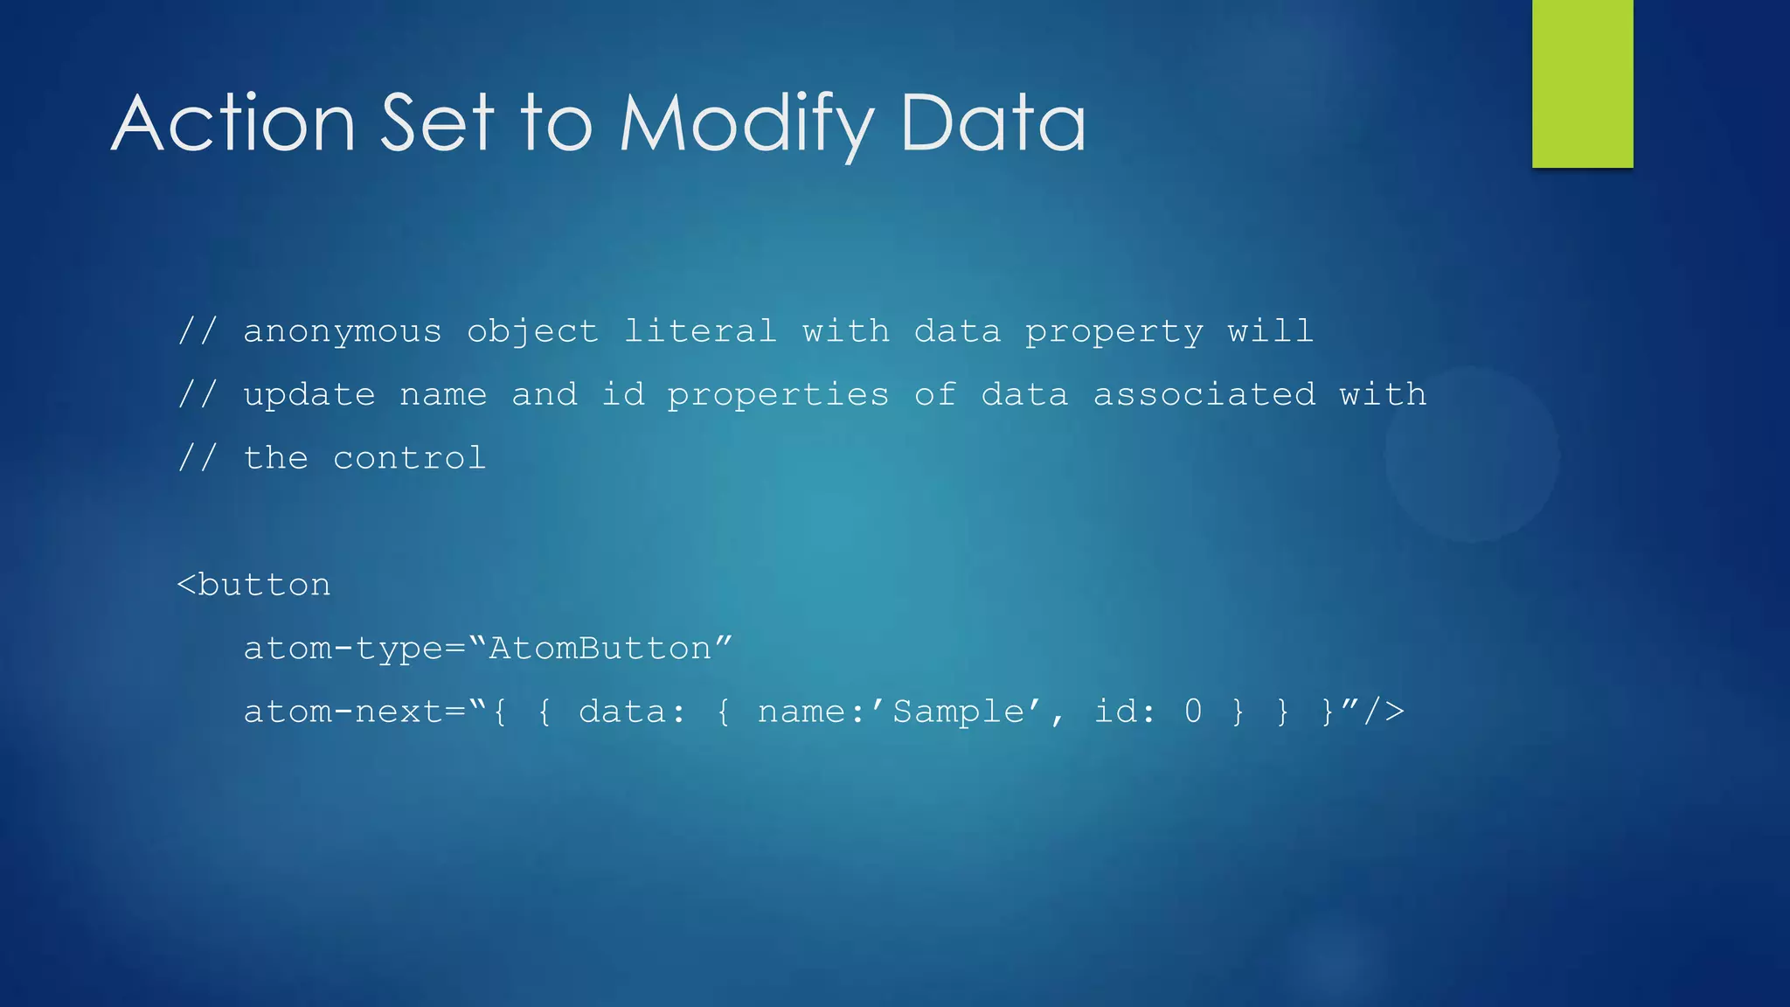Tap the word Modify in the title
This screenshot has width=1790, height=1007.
point(746,125)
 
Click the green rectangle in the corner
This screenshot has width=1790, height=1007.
point(1582,83)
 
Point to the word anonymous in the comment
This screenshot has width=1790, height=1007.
point(342,332)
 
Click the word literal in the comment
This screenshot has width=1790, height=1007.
point(700,331)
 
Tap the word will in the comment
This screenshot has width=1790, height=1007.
point(1270,331)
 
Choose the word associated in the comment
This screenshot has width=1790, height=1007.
point(1204,394)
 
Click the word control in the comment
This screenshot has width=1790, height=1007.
point(409,458)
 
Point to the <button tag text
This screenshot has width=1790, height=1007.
point(254,585)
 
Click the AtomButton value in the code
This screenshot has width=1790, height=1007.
point(600,649)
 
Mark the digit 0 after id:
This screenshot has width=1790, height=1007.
point(1192,712)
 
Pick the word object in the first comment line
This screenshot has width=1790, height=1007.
point(532,332)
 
